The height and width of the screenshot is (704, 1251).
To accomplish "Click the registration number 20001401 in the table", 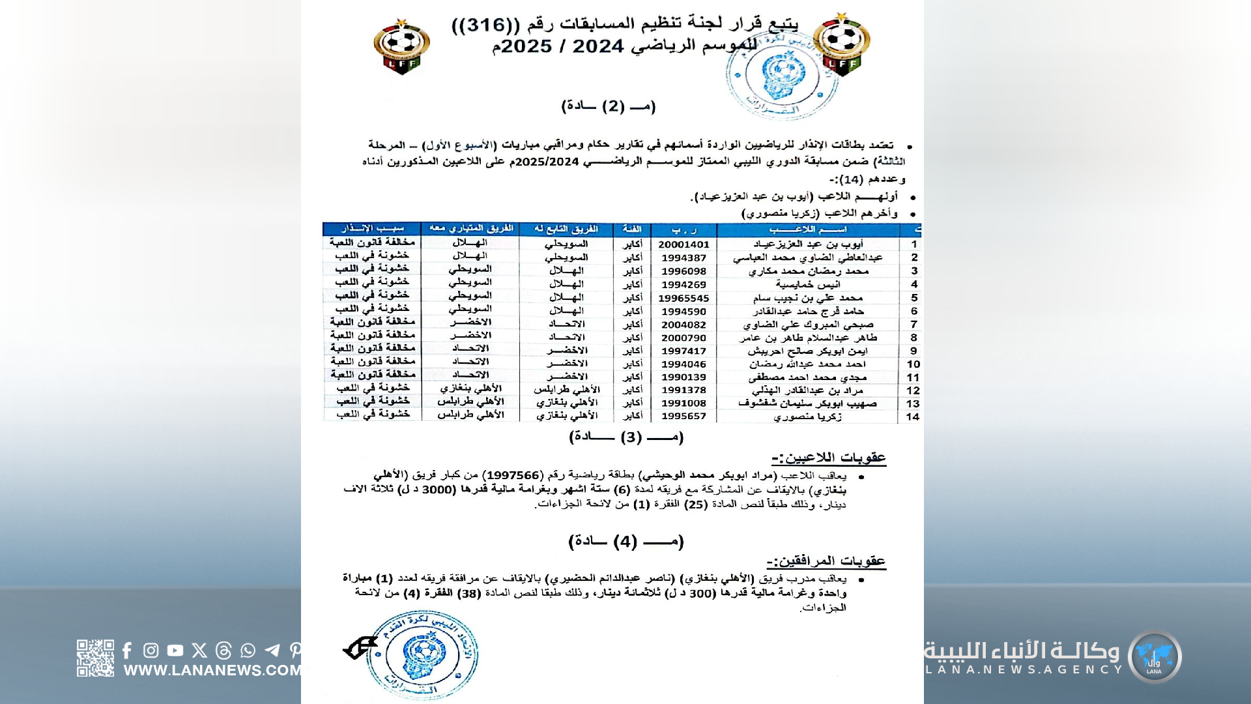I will (x=683, y=244).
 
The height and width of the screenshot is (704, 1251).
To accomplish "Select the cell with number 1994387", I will (x=683, y=257).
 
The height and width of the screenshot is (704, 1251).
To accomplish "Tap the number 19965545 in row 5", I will (x=683, y=298).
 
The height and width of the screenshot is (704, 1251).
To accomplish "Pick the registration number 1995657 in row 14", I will (x=683, y=416).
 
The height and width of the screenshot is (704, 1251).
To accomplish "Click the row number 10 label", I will (x=913, y=364).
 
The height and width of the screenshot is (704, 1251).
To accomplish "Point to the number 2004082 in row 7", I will (x=683, y=324).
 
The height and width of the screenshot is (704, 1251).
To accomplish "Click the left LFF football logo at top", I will (x=401, y=47).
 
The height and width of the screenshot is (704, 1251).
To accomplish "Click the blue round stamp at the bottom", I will (x=422, y=654).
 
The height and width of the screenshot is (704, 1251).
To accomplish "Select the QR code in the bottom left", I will (x=95, y=658).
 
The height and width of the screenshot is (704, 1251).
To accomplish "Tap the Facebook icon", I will (x=127, y=651).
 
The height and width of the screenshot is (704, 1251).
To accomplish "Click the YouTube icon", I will (x=175, y=651).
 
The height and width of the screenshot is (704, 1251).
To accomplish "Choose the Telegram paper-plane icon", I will (x=272, y=651).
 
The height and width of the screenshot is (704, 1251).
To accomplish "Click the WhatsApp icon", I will (x=248, y=651).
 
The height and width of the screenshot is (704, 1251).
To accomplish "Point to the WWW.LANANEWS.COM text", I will (x=212, y=670).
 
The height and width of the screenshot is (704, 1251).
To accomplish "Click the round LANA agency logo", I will (x=1155, y=657).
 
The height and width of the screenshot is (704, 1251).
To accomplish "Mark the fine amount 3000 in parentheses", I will (x=438, y=489).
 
